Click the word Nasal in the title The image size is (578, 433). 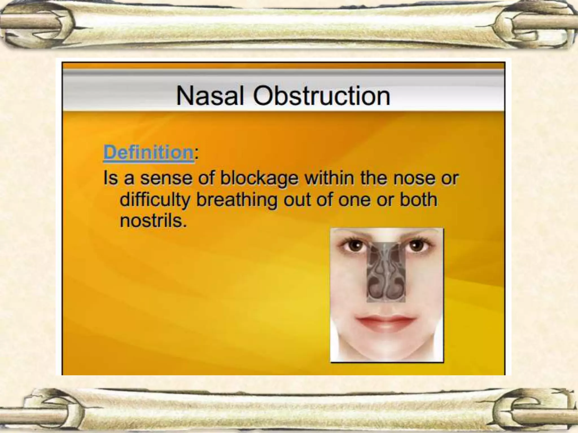point(209,96)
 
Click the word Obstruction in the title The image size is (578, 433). point(321,96)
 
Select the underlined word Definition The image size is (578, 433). point(148,153)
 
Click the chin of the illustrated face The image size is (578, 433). point(386,350)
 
